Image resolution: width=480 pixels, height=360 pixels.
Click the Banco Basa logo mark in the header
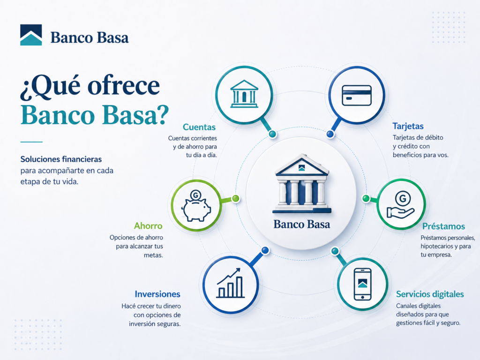coord(31,35)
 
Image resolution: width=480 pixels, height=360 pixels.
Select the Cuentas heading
coord(199,127)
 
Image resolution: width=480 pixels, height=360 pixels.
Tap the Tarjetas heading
coord(408,127)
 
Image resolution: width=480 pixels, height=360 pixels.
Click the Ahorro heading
coord(148,226)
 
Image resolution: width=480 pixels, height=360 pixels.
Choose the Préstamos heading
coord(443,226)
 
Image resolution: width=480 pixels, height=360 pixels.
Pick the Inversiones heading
coord(157,294)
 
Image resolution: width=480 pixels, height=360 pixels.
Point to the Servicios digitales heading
coord(430,294)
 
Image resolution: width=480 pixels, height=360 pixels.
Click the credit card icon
coord(357,96)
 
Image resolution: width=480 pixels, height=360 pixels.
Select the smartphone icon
coord(362,285)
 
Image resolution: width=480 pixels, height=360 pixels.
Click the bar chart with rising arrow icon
coord(231,283)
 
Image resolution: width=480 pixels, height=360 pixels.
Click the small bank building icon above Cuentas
coord(244,94)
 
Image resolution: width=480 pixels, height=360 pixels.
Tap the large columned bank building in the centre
coord(302,184)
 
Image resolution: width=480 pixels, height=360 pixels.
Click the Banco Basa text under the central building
coord(302,225)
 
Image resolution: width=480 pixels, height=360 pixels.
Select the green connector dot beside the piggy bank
coord(235,199)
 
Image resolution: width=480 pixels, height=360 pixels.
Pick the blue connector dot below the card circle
coord(330,134)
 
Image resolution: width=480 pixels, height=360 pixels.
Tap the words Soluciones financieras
coord(61,159)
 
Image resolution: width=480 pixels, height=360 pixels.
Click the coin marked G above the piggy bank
coord(195,195)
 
